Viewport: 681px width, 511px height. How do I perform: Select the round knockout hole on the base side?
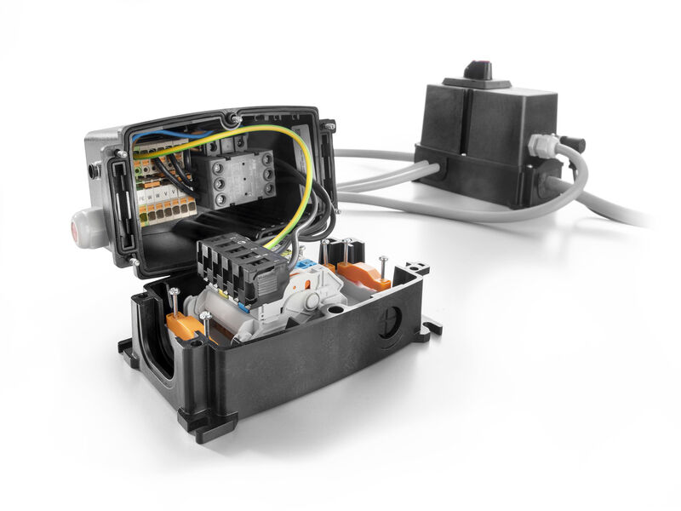[x=390, y=323]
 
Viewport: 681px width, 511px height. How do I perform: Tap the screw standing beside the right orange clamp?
[x=385, y=268]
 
